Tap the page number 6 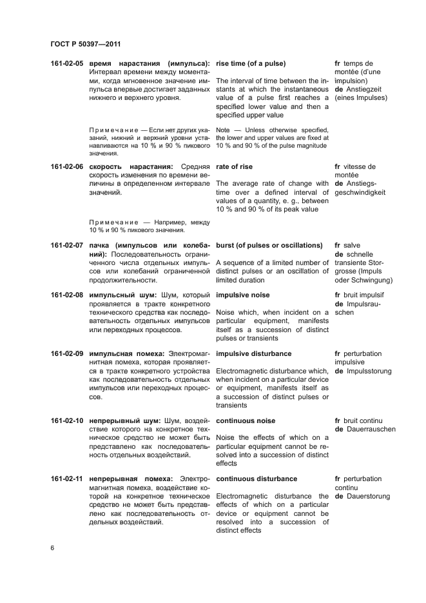[x=52, y=548]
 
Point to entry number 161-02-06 [x=67, y=166]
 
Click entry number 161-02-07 [x=67, y=245]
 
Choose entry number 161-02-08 [x=67, y=295]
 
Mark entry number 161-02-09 [x=67, y=353]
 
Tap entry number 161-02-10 [x=67, y=420]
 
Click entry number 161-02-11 [x=67, y=479]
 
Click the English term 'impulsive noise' [x=244, y=295]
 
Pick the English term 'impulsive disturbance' [x=254, y=353]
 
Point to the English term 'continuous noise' [x=246, y=420]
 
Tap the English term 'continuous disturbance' [x=257, y=479]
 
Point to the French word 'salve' [x=352, y=245]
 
